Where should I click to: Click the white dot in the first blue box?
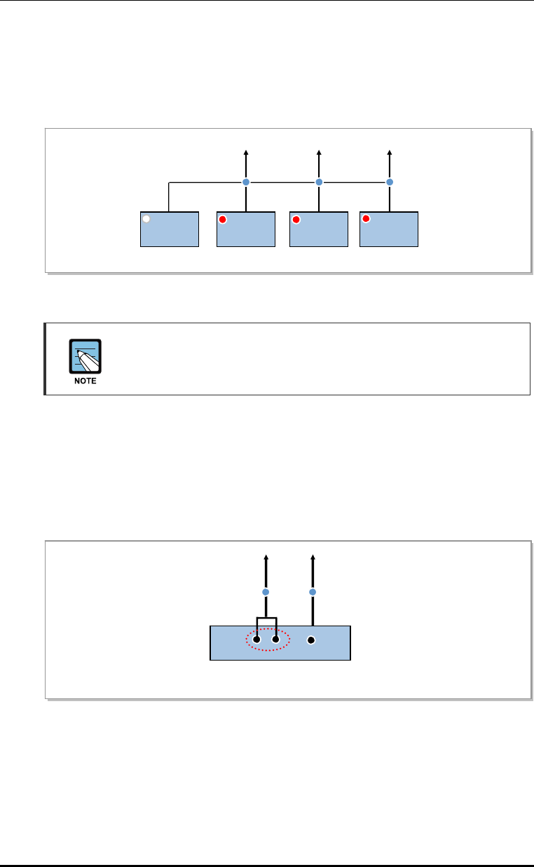[x=146, y=219]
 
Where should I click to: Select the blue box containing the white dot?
[x=170, y=229]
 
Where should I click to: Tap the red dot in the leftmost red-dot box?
[x=223, y=219]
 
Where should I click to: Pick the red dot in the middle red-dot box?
[x=296, y=219]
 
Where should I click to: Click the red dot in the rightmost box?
[x=366, y=219]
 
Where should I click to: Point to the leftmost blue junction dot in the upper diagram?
[x=246, y=182]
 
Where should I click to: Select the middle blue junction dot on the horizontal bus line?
[x=319, y=182]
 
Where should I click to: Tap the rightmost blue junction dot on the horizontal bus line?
[x=390, y=182]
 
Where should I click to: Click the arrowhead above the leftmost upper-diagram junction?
[x=246, y=151]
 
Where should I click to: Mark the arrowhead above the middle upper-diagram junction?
[x=319, y=151]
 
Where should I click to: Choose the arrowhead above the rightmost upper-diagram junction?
[x=390, y=151]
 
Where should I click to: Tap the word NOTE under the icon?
[x=85, y=381]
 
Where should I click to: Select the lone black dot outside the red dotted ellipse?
[x=313, y=640]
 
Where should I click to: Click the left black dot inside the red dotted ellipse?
[x=257, y=640]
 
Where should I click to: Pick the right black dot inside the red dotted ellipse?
[x=276, y=640]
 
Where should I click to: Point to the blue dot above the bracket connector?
[x=266, y=592]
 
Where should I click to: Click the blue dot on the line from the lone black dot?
[x=313, y=592]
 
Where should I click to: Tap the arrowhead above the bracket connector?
[x=266, y=558]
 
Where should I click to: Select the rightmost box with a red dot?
[x=389, y=229]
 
